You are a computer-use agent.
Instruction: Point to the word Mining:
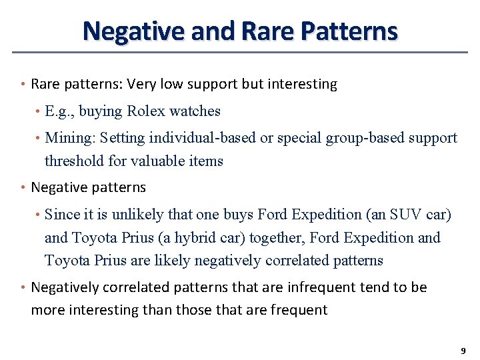pyautogui.click(x=69, y=138)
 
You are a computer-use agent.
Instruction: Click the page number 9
pyautogui.click(x=463, y=351)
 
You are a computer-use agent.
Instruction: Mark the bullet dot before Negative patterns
pyautogui.click(x=23, y=187)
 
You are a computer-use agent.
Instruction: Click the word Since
pyautogui.click(x=61, y=215)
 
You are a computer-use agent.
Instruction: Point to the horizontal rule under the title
pyautogui.click(x=240, y=52)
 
